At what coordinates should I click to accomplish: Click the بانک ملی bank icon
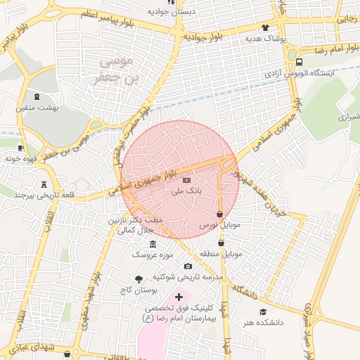[x=186, y=181]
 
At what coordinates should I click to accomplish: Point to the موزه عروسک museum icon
[x=153, y=243]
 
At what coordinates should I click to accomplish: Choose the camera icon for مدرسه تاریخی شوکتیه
[x=188, y=266]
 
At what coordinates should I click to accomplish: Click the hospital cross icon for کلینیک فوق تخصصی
[x=179, y=297]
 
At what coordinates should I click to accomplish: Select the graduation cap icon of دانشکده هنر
[x=263, y=311]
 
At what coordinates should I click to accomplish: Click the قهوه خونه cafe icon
[x=20, y=148]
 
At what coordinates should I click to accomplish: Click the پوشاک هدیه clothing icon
[x=265, y=28]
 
